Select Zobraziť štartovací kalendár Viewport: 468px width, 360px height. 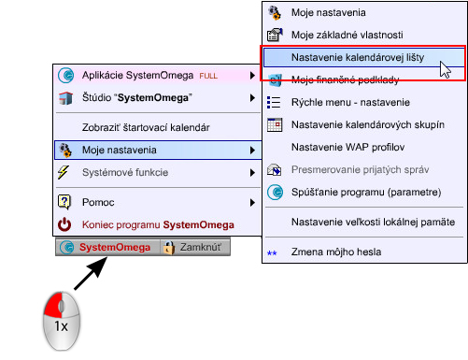(145, 126)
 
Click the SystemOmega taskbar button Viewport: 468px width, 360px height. (106, 248)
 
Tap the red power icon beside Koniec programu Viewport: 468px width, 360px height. (65, 224)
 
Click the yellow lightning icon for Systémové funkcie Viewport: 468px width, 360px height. (65, 172)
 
